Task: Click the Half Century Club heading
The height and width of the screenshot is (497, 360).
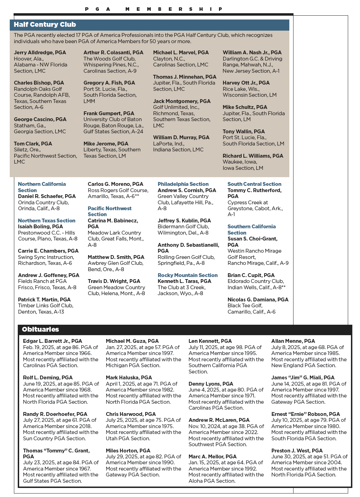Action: point(45,25)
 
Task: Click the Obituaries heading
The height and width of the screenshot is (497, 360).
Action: point(40,329)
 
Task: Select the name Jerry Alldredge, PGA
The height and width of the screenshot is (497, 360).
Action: point(40,53)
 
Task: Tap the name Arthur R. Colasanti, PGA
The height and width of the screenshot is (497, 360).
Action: point(113,53)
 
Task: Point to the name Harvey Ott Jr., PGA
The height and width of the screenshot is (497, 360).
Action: point(246,83)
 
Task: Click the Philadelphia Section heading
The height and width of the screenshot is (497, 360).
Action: point(183,184)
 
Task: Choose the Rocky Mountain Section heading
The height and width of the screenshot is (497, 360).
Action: point(188,275)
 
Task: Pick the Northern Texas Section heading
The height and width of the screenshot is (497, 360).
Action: point(47,221)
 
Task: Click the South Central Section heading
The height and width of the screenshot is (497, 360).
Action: point(255,184)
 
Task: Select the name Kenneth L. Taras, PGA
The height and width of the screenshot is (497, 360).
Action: point(185,281)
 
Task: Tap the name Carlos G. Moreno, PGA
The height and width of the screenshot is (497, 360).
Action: point(116,184)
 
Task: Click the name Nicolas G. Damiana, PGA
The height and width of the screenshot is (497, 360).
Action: point(258,300)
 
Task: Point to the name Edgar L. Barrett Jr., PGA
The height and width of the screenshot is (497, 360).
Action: point(53,341)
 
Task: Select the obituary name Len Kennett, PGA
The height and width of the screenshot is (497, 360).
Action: point(210,341)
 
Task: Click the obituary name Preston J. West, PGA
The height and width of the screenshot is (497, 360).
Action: point(297,451)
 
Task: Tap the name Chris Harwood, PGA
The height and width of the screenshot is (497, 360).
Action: point(131,414)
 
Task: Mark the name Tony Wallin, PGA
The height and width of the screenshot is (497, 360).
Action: point(244,132)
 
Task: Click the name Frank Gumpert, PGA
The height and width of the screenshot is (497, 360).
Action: point(109,113)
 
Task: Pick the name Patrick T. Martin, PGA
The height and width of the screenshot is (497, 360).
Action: point(44,300)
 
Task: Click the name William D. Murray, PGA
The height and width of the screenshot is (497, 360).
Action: point(181,137)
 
